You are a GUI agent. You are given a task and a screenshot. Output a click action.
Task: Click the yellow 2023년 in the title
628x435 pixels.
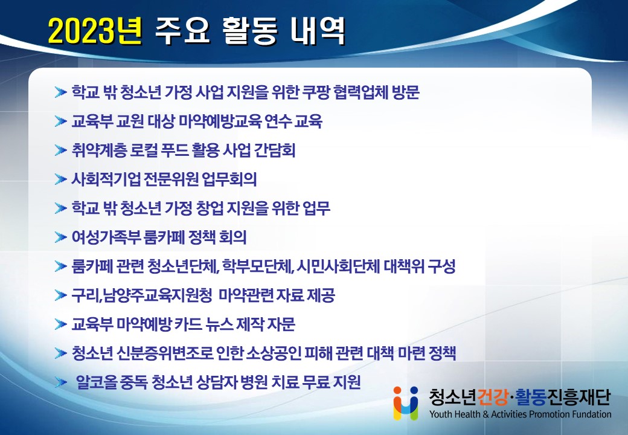tap(95, 31)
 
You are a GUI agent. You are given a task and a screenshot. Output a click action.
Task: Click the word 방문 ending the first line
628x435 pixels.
tap(406, 92)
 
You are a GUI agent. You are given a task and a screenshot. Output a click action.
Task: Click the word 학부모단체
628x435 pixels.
tap(258, 266)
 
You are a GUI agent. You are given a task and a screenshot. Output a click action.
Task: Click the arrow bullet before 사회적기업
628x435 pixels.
tap(60, 179)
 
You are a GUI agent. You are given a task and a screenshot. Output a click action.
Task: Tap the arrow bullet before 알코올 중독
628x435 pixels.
tap(60, 382)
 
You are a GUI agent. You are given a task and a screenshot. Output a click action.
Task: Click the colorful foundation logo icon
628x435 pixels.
tap(406, 403)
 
